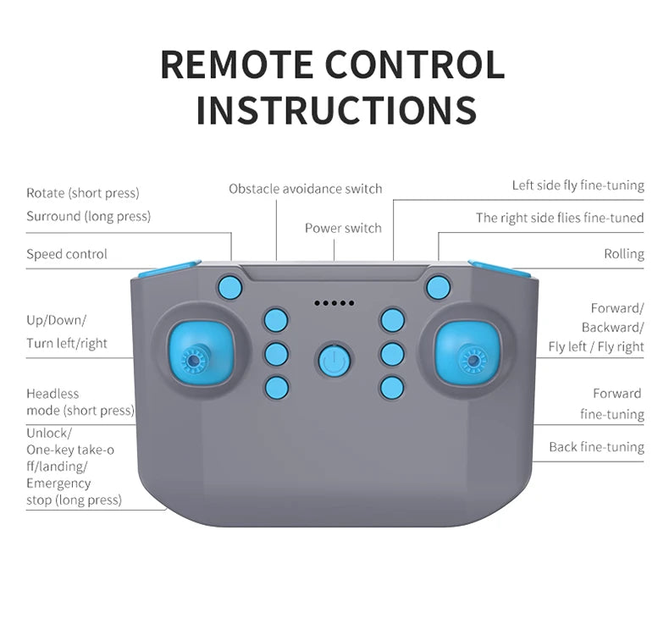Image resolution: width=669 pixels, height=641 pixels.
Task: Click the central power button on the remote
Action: point(334,362)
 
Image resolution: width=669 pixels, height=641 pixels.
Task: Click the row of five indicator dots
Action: point(334,303)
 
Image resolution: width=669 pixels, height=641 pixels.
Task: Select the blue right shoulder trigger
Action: point(499,269)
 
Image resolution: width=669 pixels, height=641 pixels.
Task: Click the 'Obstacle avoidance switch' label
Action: point(305,189)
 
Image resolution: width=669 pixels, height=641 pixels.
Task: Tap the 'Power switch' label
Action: point(343,228)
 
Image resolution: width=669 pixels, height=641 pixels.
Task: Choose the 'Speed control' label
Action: point(67,254)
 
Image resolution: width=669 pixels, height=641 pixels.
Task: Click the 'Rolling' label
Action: point(623,254)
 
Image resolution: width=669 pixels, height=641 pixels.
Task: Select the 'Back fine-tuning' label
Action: point(596,447)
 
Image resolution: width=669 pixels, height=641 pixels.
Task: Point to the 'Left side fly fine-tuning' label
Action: point(578,185)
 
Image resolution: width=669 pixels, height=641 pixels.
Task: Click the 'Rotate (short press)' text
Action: point(82,193)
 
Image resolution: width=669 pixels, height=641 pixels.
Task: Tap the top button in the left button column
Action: point(276,320)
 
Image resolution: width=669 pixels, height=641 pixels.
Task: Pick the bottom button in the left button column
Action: point(276,388)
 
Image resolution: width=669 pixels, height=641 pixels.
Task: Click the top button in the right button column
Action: point(392,320)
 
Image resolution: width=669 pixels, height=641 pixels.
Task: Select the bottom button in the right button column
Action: point(392,388)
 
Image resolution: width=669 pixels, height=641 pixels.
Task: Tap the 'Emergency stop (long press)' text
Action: point(74,492)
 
